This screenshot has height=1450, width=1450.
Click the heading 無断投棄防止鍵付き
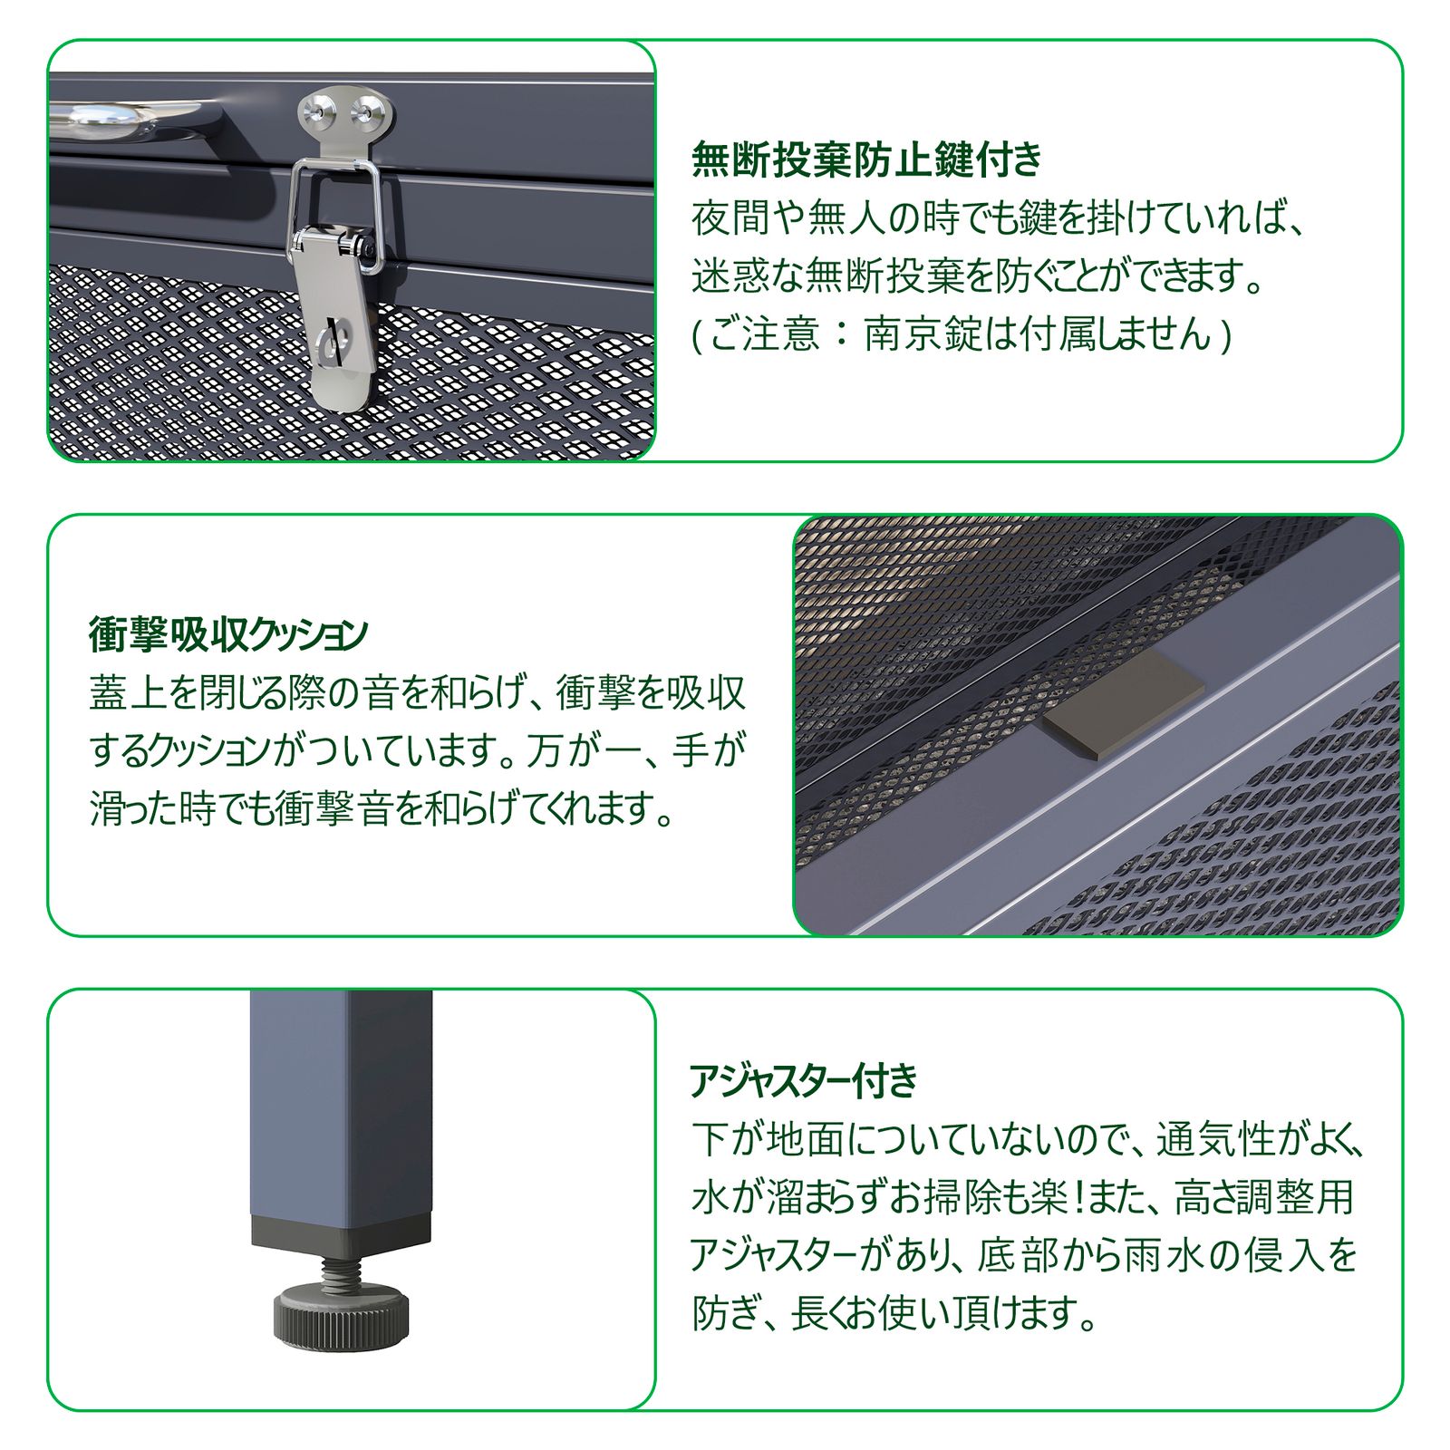click(866, 160)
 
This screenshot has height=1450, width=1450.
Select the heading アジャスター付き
click(804, 1080)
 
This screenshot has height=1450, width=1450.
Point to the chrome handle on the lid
click(127, 118)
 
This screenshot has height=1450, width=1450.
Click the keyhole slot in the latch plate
click(330, 340)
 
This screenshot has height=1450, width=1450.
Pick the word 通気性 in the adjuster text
click(1213, 1139)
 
